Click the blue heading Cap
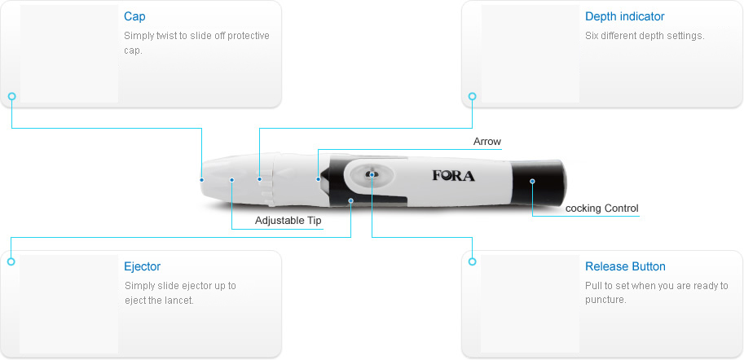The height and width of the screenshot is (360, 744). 134,16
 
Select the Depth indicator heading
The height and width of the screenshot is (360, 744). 624,16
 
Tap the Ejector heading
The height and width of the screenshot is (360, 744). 143,266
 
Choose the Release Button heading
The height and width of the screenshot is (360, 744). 625,266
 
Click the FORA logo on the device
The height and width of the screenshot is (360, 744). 453,175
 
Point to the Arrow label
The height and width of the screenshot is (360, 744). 486,142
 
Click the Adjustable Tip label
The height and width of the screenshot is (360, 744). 288,221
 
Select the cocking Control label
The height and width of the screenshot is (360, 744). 601,209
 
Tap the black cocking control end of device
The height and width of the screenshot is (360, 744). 539,184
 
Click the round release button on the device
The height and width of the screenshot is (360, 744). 372,174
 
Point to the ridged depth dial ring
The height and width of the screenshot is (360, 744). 269,179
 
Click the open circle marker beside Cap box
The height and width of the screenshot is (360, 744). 12,96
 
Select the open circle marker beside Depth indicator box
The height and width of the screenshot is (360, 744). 472,96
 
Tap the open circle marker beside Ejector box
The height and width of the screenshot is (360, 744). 11,261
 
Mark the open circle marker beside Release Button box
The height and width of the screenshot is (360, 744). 472,261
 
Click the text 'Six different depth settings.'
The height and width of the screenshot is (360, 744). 645,36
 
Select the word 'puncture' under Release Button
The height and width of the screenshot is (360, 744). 605,301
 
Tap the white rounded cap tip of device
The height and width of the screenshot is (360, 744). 216,180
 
